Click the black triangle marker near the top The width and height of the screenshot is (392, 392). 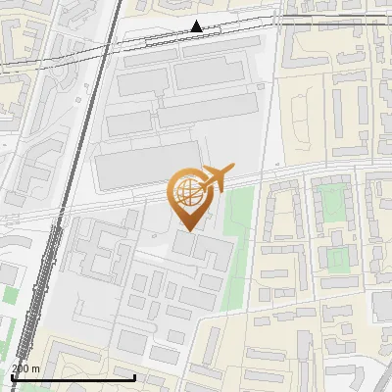197,26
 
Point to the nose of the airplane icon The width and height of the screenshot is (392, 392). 232,169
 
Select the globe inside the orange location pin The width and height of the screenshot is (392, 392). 185,194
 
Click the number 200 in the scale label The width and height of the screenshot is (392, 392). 21,367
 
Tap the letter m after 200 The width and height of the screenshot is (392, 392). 35,367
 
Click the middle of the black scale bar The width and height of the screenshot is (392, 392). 73,376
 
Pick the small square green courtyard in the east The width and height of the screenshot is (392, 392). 337,258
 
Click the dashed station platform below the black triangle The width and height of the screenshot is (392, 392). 196,40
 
